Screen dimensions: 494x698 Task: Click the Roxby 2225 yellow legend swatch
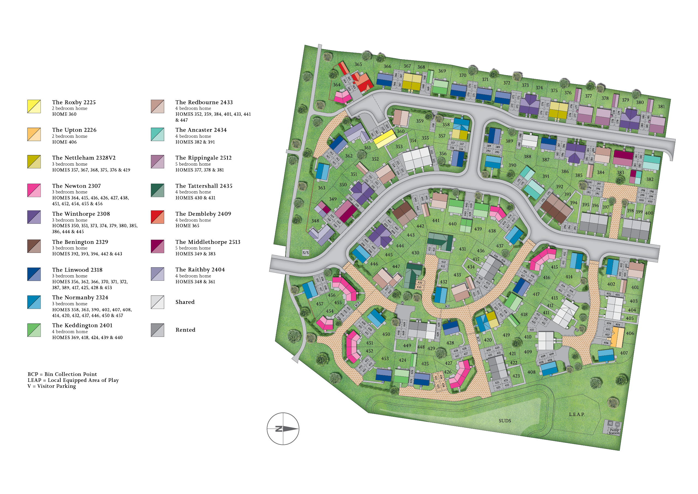[x=34, y=106]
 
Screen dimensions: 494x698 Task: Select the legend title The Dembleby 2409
[x=203, y=214]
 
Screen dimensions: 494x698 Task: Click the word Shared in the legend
[x=185, y=302]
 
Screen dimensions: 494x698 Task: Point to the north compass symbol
[x=283, y=429]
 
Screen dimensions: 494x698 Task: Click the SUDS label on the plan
[x=505, y=421]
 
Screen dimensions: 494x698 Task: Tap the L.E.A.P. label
[x=577, y=414]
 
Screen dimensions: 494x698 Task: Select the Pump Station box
[x=613, y=428]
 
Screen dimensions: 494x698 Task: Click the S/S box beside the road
[x=306, y=253]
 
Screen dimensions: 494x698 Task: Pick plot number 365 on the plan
[x=358, y=64]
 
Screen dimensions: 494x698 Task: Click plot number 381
[x=661, y=106]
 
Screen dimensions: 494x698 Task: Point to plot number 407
[x=624, y=353]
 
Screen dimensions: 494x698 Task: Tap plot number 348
[x=315, y=221]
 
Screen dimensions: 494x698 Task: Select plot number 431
[x=462, y=249]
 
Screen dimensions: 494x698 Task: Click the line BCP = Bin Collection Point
[x=62, y=374]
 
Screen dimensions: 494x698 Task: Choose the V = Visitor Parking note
[x=52, y=386]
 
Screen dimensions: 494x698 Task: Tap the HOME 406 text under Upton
[x=64, y=142]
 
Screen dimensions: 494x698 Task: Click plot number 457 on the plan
[x=320, y=304]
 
